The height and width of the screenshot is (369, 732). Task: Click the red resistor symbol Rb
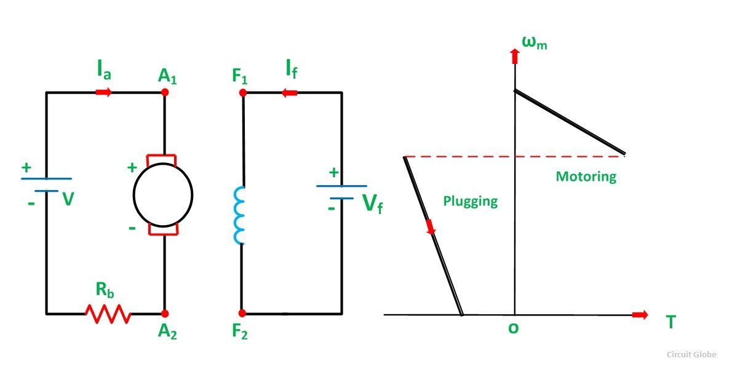[x=108, y=314]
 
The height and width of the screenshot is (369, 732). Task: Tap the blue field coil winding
[x=239, y=216]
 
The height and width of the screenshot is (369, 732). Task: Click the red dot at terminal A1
[x=164, y=92]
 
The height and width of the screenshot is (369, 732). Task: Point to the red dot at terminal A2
[x=164, y=314]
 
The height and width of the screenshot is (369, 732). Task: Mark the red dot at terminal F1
[x=243, y=92]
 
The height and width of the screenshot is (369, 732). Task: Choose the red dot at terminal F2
[x=242, y=314]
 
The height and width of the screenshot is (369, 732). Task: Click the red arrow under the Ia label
[x=104, y=92]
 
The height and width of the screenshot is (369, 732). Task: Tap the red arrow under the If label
[x=289, y=92]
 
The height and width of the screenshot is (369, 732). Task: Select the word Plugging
[x=470, y=201]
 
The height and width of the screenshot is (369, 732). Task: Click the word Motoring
[x=586, y=177]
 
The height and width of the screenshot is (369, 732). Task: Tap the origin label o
[x=513, y=328]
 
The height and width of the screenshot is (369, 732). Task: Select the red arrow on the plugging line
[x=431, y=227]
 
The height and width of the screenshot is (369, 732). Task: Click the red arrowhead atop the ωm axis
[x=514, y=57]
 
